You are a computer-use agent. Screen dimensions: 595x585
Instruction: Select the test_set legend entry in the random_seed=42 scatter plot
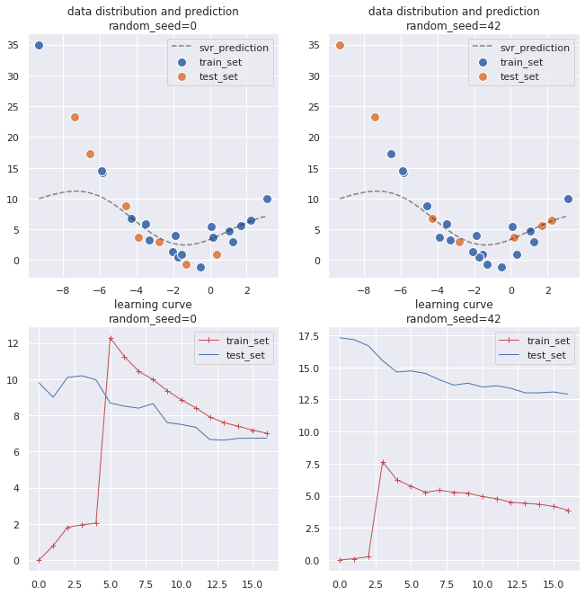pos(519,76)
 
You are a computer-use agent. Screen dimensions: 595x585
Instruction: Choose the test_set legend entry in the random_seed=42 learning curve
pos(547,355)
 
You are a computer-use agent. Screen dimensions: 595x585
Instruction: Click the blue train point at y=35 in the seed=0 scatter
pos(39,45)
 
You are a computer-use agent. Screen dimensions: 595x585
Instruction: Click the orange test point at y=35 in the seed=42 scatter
pos(340,45)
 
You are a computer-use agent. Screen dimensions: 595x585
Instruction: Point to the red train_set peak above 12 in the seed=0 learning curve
pos(111,339)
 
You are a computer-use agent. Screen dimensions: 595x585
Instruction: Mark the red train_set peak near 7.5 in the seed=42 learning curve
pos(383,463)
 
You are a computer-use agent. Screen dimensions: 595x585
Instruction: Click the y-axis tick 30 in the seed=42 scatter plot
pos(315,76)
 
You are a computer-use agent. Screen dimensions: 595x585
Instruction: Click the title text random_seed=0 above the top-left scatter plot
pos(153,26)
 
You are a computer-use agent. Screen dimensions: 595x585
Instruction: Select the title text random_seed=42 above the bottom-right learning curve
pos(454,318)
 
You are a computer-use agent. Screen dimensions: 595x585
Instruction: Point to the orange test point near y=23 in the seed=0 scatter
pos(75,117)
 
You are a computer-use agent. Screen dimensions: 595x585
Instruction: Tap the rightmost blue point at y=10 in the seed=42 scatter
pos(568,199)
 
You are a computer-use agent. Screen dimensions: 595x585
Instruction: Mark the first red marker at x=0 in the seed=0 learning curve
pos(39,560)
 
